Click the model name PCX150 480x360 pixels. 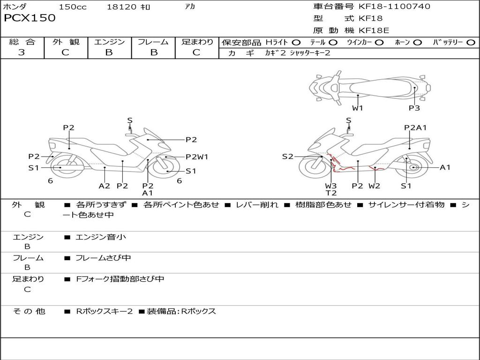pyautogui.click(x=30, y=18)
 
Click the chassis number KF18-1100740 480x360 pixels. pyautogui.click(x=394, y=6)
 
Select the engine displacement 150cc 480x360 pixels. pyautogui.click(x=73, y=7)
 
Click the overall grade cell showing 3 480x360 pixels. pyautogui.click(x=22, y=52)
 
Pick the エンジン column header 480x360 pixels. pyautogui.click(x=109, y=42)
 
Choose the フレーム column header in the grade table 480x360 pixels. pyautogui.click(x=153, y=42)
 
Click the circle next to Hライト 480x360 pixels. pyautogui.click(x=296, y=43)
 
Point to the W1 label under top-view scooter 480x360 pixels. pyautogui.click(x=358, y=108)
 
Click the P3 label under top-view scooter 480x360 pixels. pyautogui.click(x=414, y=108)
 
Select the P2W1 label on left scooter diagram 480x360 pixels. pyautogui.click(x=197, y=157)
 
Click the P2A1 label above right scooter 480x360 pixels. pyautogui.click(x=415, y=127)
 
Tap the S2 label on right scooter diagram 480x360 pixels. pyautogui.click(x=287, y=157)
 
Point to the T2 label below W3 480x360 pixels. pyautogui.click(x=331, y=193)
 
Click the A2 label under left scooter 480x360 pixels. pyautogui.click(x=104, y=186)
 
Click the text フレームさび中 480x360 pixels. pyautogui.click(x=103, y=258)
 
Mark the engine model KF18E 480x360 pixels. pyautogui.click(x=374, y=30)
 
